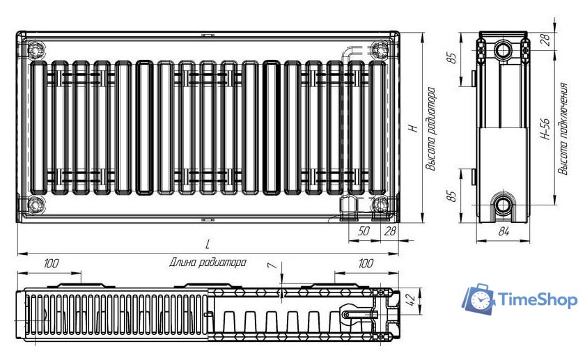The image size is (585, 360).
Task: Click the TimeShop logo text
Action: coord(538,299)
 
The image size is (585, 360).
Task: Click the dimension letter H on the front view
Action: coord(413,128)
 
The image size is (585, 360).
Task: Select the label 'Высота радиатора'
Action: coord(431,129)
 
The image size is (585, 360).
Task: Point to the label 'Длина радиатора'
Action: coord(208,263)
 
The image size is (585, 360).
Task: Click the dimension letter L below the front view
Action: coord(208,244)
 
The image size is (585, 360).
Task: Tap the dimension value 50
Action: coord(364,231)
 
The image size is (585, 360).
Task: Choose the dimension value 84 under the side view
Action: coord(504,231)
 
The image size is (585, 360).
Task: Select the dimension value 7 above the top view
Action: coord(273,265)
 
